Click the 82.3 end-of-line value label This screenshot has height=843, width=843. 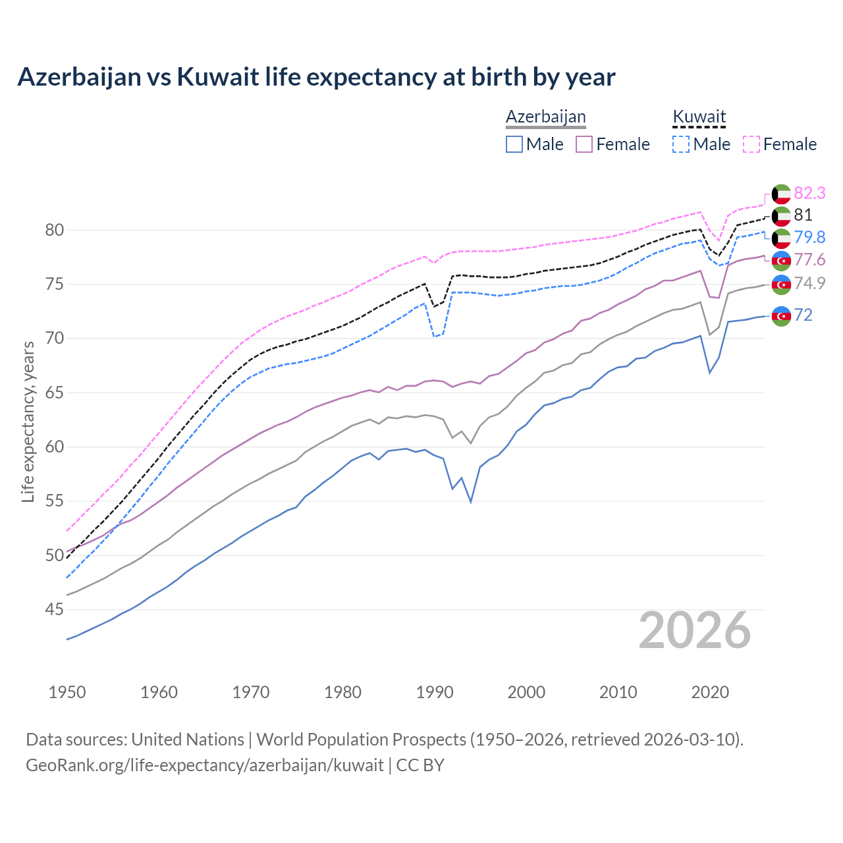click(809, 193)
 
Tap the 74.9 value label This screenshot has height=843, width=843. click(809, 283)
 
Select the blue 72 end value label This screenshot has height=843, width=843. click(803, 315)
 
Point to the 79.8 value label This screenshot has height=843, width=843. click(809, 237)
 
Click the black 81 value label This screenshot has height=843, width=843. click(803, 215)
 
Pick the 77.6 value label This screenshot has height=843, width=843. click(809, 260)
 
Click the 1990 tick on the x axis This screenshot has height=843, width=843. click(435, 692)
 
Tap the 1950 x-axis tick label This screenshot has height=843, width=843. click(67, 692)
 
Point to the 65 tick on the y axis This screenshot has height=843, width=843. click(54, 393)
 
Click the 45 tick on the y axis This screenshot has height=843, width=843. click(54, 609)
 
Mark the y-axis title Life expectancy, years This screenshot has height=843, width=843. click(28, 421)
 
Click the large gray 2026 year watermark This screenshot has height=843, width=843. click(695, 630)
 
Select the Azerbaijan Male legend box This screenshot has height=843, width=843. click(514, 144)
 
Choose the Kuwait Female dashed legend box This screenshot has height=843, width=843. click(751, 144)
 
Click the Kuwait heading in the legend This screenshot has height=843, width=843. click(699, 117)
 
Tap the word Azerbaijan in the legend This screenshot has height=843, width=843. click(545, 117)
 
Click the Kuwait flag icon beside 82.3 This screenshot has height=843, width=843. click(781, 194)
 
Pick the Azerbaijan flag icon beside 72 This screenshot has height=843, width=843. click(781, 315)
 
